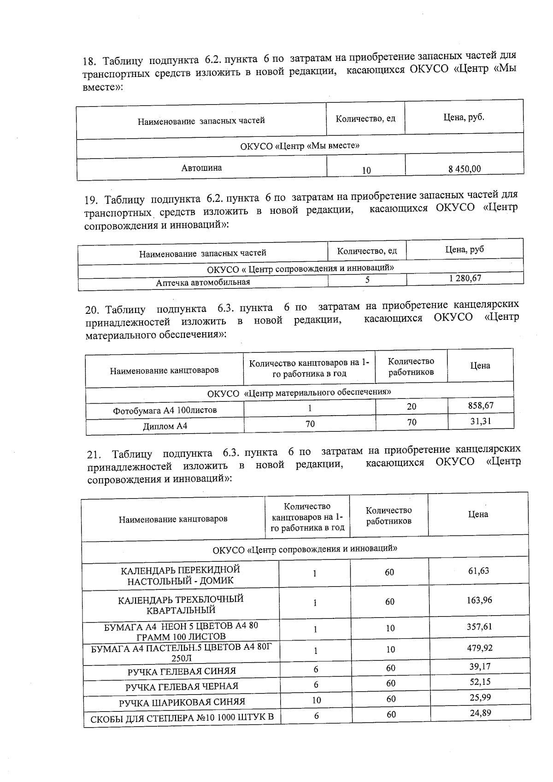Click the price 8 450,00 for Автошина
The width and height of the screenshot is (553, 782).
click(464, 169)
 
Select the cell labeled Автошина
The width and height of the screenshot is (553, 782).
click(201, 168)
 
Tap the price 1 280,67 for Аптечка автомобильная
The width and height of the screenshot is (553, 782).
click(465, 278)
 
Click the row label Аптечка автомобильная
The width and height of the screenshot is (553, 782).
click(203, 282)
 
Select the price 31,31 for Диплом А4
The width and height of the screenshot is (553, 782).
click(480, 421)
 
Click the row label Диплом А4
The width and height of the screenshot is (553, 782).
click(165, 426)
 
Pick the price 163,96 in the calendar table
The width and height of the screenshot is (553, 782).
click(479, 600)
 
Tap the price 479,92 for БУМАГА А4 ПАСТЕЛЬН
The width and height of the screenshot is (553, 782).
click(480, 647)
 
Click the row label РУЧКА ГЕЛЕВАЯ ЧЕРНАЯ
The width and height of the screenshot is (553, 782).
click(182, 686)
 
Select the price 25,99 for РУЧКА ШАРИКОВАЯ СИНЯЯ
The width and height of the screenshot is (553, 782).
click(480, 697)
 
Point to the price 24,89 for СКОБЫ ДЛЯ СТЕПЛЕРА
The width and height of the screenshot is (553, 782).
click(481, 713)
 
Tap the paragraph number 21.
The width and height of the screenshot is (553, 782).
click(94, 455)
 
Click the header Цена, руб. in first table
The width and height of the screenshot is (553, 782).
click(464, 117)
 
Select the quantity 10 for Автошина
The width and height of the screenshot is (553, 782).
click(366, 171)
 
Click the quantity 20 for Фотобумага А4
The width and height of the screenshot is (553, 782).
click(412, 406)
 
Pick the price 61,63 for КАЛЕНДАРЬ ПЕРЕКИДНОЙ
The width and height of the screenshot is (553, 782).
click(478, 570)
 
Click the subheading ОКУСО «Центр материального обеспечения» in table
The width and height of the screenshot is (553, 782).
click(299, 393)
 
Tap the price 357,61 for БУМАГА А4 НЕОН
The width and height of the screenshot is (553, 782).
click(479, 627)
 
